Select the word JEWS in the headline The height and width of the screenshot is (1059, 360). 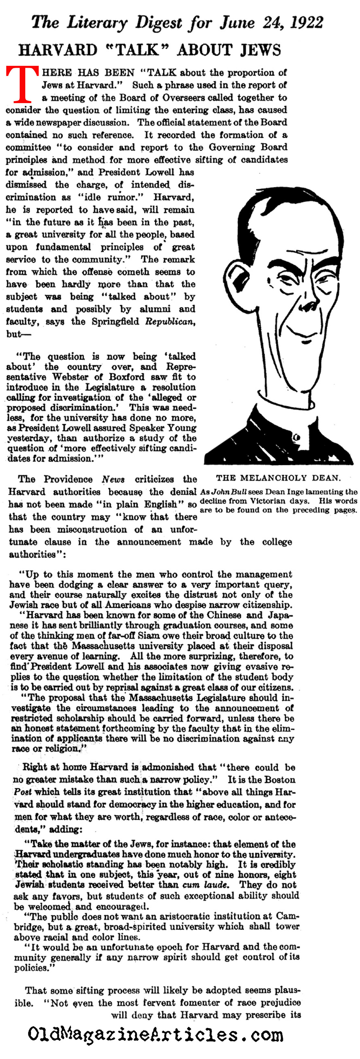(260, 50)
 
